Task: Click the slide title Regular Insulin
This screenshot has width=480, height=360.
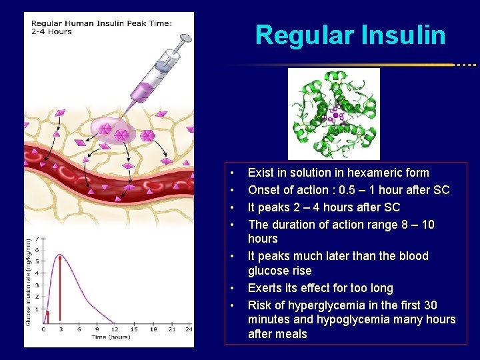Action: [350, 35]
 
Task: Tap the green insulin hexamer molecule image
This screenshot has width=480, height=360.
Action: [333, 113]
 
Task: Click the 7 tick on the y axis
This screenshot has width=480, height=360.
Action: [37, 238]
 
